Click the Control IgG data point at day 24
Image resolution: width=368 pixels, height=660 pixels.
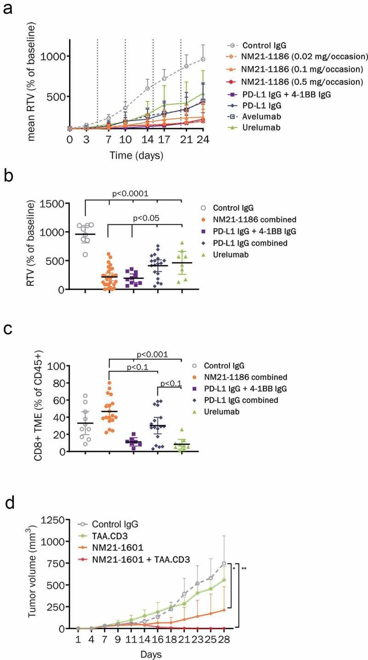203,59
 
